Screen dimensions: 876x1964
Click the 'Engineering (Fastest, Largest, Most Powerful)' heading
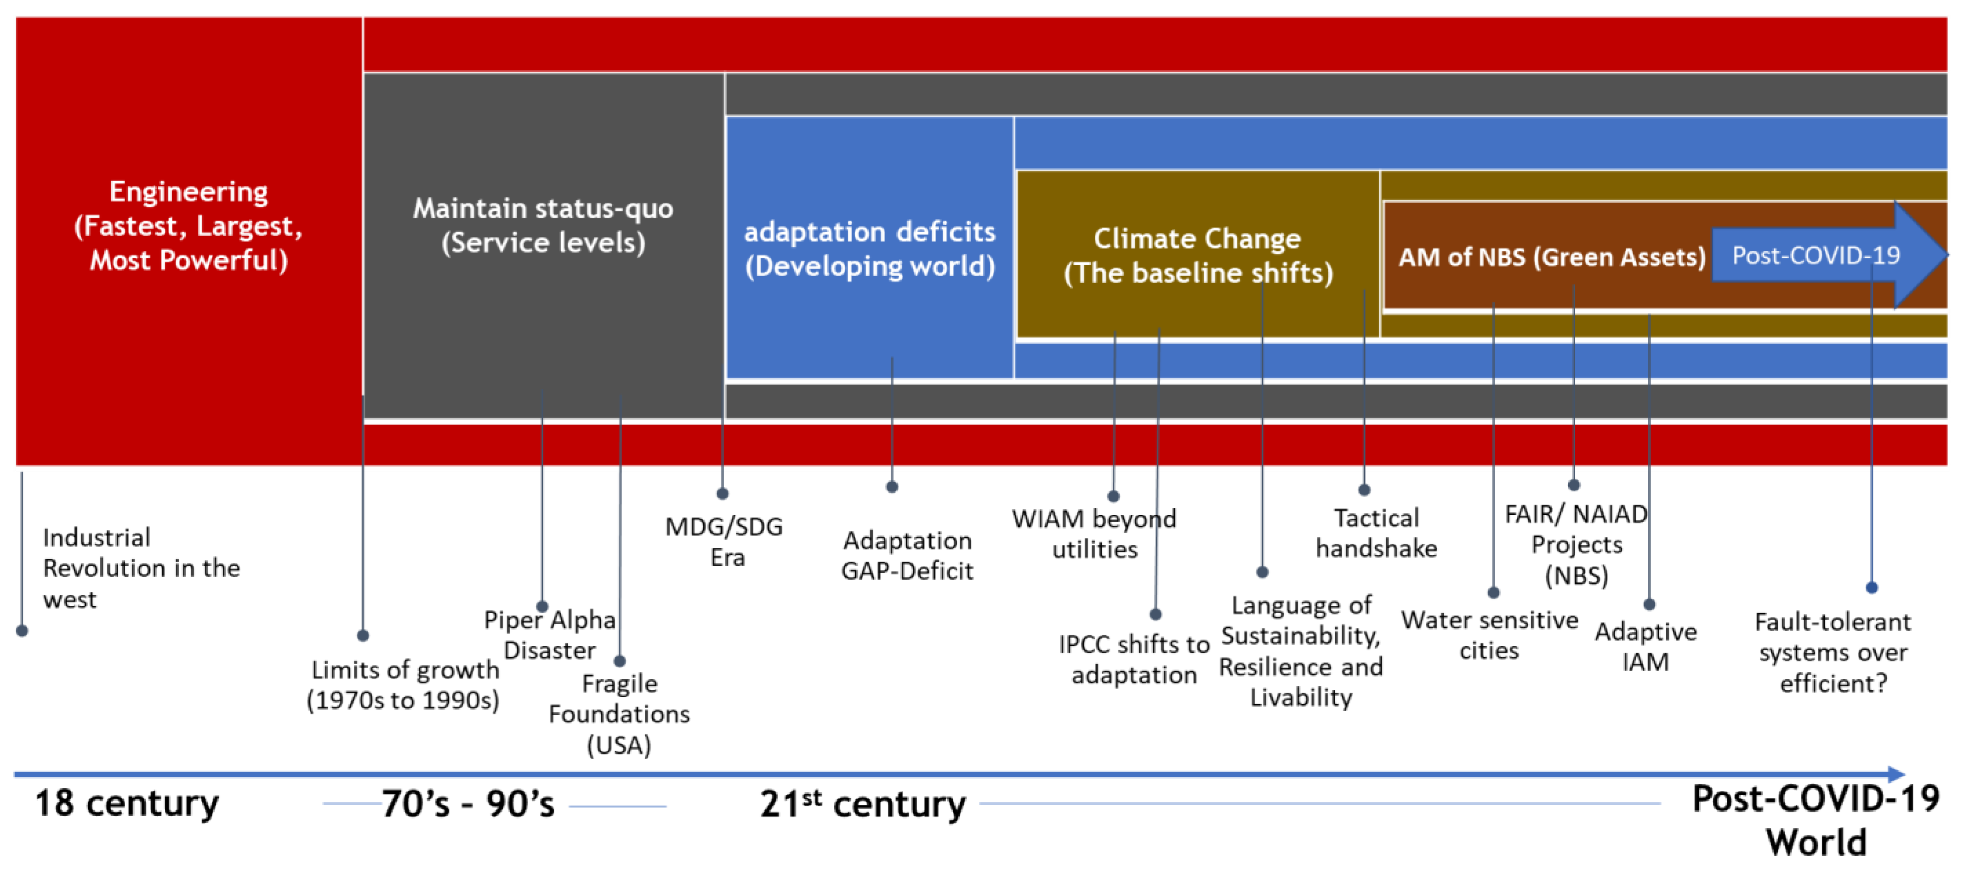(188, 226)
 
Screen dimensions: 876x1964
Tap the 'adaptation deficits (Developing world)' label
(869, 249)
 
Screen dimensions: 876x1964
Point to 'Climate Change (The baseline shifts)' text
(1198, 256)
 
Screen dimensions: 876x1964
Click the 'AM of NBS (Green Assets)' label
(1551, 257)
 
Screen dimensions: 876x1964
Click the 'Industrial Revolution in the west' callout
(141, 568)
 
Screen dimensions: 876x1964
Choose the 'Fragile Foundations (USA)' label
(619, 714)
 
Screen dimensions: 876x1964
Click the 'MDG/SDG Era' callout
(724, 541)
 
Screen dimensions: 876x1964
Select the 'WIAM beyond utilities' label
(1094, 534)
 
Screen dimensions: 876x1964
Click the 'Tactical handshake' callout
(1376, 533)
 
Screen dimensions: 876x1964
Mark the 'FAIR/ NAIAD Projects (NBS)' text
(1576, 544)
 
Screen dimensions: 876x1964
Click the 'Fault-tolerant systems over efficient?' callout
(1833, 653)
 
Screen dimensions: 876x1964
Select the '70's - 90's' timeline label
(468, 803)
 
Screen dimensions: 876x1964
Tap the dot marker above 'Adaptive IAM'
(1649, 604)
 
